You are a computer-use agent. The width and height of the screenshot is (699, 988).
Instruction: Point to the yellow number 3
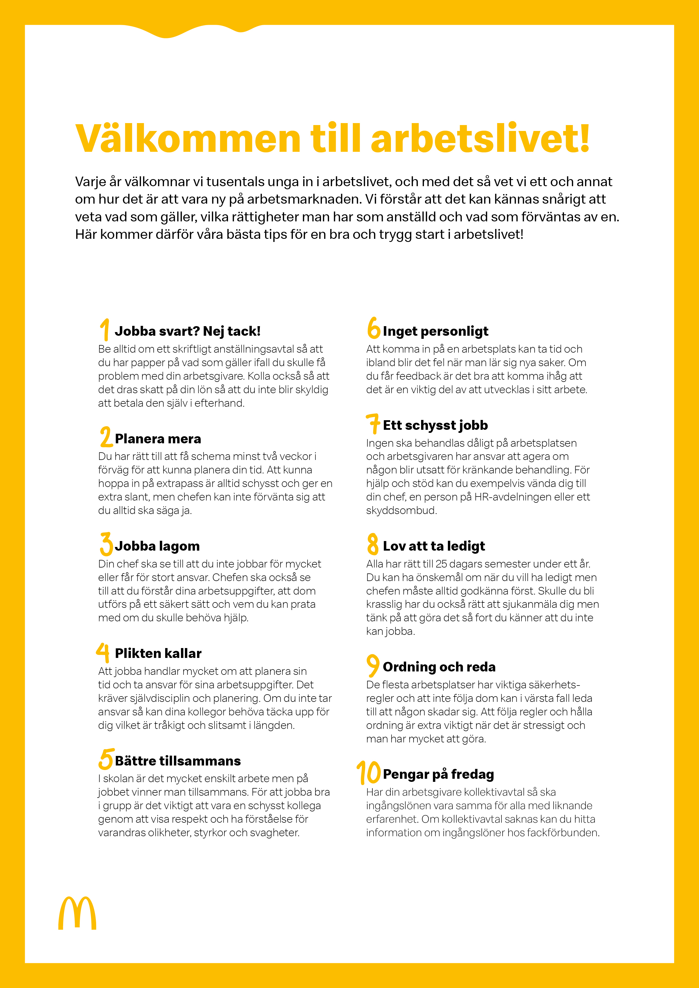point(106,544)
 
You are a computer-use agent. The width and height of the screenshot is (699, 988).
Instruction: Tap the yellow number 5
point(105,759)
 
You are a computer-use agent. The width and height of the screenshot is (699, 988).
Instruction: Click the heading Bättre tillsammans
point(178,761)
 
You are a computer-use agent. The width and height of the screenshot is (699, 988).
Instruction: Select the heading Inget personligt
point(435,331)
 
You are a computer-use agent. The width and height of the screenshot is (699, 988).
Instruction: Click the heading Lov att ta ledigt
point(434,546)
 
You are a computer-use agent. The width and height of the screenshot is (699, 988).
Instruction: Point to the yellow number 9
point(373,665)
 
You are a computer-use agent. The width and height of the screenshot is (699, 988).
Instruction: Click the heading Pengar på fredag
point(438,774)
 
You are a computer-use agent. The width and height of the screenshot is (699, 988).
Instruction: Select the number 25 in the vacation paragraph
point(441,564)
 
